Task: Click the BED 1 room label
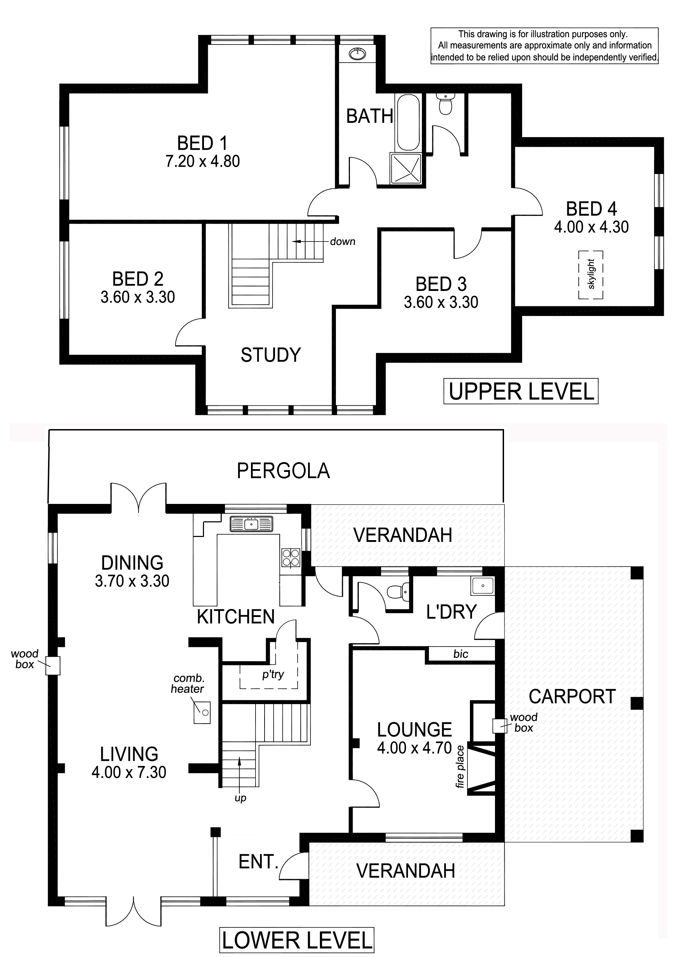tap(202, 143)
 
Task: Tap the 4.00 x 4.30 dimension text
tap(591, 227)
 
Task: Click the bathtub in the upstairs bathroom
tap(407, 122)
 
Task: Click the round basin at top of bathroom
tap(357, 54)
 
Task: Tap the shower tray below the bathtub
tap(406, 168)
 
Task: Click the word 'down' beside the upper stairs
tap(343, 242)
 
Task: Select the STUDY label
tap(270, 355)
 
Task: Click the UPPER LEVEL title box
tap(521, 391)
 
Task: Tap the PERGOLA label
tap(283, 471)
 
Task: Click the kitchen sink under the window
tap(251, 524)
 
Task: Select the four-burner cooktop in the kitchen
tap(291, 558)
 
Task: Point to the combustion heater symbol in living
tap(202, 712)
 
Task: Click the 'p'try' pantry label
tap(273, 674)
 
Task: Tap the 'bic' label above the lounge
tap(461, 654)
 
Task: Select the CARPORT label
tap(572, 697)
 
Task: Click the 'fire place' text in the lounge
tap(459, 766)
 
